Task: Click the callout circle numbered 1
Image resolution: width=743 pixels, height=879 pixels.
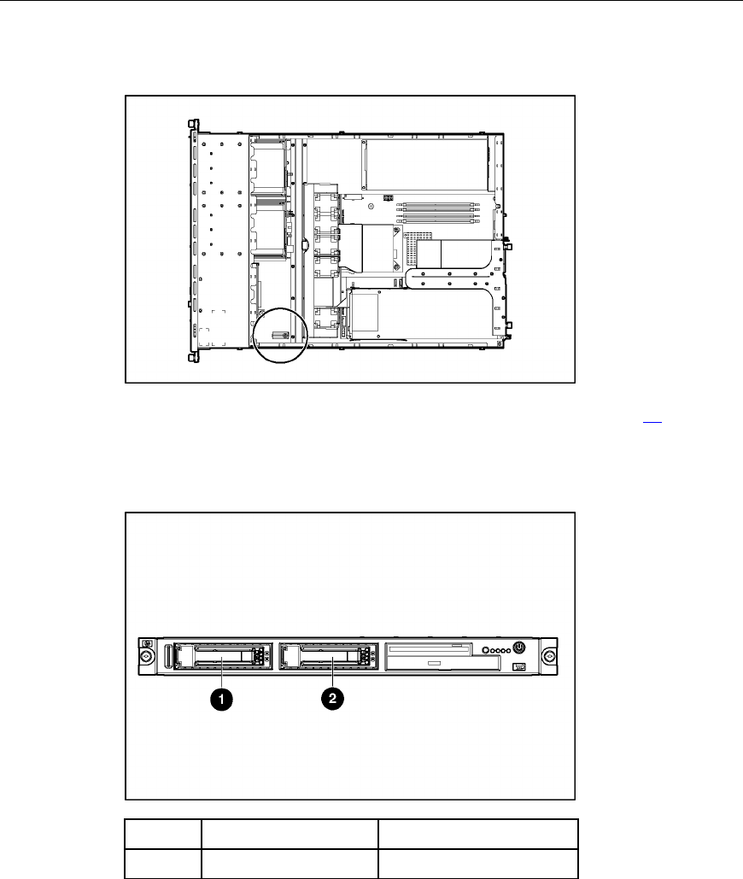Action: [221, 699]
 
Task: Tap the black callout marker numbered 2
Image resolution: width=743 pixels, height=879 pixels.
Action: [332, 699]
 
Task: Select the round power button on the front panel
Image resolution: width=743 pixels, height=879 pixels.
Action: [519, 648]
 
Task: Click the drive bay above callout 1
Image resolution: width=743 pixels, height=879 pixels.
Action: [223, 656]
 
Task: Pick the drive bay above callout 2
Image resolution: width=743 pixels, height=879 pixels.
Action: [328, 656]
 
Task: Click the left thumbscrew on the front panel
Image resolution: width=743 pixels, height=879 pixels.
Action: [147, 656]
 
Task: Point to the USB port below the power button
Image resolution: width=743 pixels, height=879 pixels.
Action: [519, 666]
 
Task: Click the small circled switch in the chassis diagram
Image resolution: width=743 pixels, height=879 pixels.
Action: [279, 335]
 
